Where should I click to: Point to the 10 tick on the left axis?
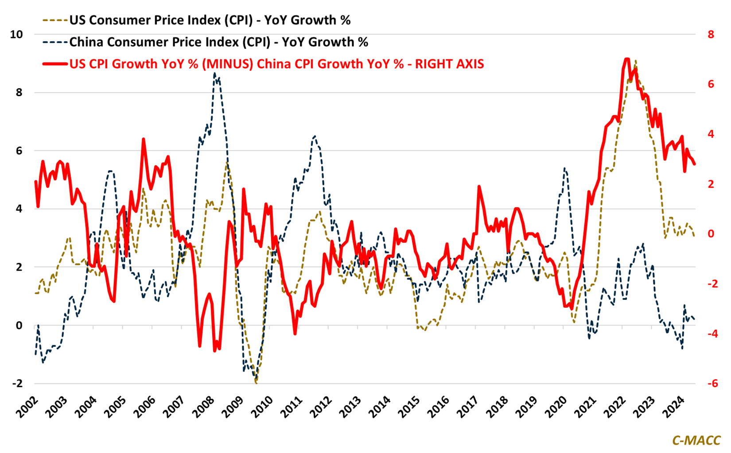click(x=16, y=34)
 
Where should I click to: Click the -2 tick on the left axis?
click(x=17, y=383)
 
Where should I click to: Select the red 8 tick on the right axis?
click(x=711, y=34)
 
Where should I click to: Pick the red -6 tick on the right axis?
click(x=709, y=383)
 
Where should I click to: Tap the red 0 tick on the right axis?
click(x=711, y=234)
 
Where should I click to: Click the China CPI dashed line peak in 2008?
click(x=215, y=74)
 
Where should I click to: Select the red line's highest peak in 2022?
click(x=626, y=59)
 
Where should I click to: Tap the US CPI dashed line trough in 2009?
click(x=256, y=382)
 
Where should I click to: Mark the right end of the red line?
click(x=694, y=164)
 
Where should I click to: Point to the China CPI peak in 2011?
click(x=314, y=136)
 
